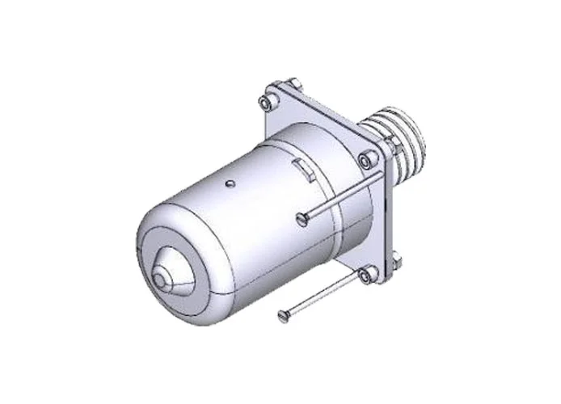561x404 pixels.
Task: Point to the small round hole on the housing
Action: point(232,183)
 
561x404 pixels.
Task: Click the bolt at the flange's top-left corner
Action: point(265,102)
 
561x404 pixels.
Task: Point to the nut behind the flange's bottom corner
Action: point(396,260)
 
